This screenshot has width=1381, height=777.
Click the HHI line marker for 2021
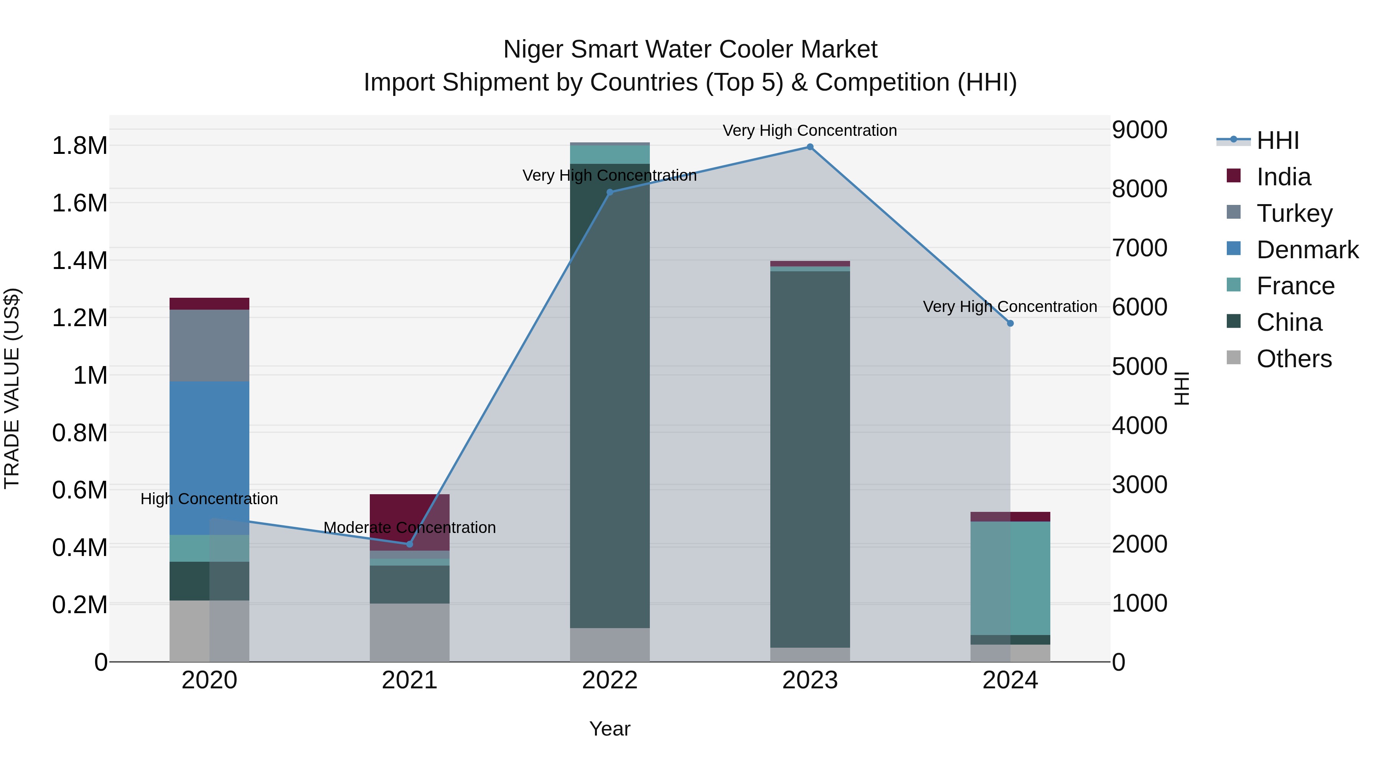(x=410, y=544)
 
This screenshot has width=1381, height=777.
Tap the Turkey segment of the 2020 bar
(x=209, y=345)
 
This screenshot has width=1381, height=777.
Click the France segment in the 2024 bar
(x=1010, y=578)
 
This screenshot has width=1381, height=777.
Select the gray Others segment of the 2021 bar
(x=410, y=632)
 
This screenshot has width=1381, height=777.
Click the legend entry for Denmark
(x=1307, y=250)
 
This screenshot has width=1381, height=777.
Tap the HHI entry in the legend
(x=1277, y=140)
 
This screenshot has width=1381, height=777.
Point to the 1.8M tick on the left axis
(x=80, y=146)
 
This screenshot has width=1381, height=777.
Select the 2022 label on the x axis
(x=610, y=680)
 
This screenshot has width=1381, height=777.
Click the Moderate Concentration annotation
(x=410, y=528)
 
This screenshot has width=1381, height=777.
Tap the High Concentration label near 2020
(x=209, y=499)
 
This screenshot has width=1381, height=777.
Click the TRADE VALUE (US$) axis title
(x=12, y=388)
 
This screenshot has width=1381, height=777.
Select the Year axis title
(x=610, y=729)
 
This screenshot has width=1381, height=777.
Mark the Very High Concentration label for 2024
(x=1010, y=307)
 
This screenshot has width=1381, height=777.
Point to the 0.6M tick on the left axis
(x=80, y=490)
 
